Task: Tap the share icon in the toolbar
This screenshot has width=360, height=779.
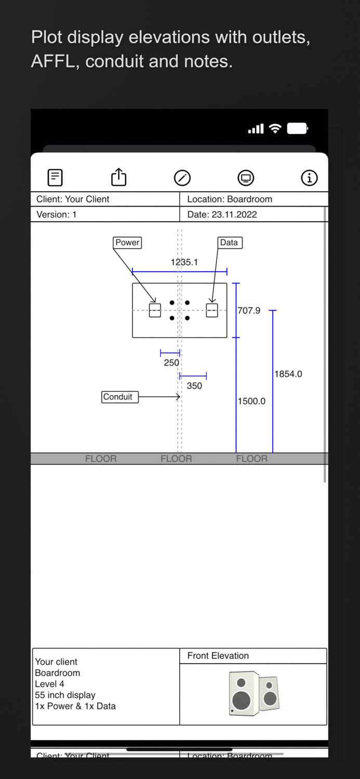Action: coord(119,178)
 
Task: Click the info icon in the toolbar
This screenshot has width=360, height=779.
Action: coord(309,178)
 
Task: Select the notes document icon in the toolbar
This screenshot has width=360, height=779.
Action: coord(55,178)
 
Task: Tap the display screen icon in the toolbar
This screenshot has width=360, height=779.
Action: coord(246,178)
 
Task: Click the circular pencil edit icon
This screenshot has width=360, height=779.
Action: coord(182,178)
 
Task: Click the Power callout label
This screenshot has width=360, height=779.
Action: coord(127,243)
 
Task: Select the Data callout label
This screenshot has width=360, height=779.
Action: coord(229,243)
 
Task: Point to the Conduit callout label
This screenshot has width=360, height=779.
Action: coord(118,397)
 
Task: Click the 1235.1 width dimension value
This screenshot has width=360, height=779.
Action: coord(184,262)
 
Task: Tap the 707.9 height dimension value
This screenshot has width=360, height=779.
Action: coord(249,311)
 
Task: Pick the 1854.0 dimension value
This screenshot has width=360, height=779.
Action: coord(288,374)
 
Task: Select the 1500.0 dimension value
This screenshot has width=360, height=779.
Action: coord(251,401)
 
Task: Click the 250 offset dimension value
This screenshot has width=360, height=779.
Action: coord(171,363)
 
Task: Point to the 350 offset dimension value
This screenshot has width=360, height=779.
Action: coord(194,386)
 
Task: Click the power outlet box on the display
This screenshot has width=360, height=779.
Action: coord(155,311)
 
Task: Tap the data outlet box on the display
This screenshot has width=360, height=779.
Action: coord(212,311)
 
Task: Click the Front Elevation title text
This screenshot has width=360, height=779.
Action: coord(218,656)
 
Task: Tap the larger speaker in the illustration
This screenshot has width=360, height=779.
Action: coord(242,694)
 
